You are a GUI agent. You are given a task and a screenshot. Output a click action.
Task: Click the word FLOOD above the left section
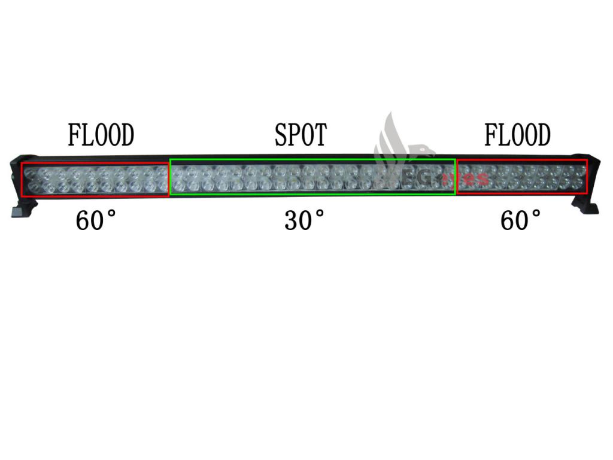(101, 136)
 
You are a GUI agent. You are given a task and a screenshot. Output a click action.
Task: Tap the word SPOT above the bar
(301, 136)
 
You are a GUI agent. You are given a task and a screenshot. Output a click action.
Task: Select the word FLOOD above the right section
(517, 136)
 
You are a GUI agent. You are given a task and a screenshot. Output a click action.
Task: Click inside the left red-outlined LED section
(95, 179)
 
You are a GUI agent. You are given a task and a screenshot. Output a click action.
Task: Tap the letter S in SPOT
(281, 136)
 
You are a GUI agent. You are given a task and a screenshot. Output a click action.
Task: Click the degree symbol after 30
(321, 214)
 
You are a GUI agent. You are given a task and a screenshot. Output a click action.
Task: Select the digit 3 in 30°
(292, 221)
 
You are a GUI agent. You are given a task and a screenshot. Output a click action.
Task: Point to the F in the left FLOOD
(74, 136)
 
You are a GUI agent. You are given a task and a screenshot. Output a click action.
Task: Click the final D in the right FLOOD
(542, 136)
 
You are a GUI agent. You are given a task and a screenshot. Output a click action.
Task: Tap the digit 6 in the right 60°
(508, 221)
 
